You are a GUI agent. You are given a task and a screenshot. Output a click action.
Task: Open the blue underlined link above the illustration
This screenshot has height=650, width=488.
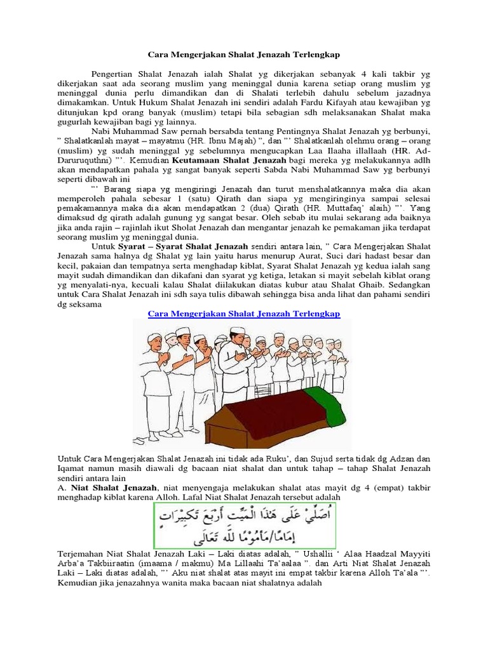(x=243, y=314)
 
